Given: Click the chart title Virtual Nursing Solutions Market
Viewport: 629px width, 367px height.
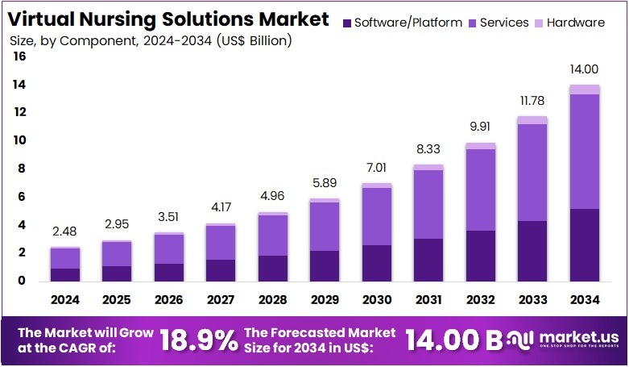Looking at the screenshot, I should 168,19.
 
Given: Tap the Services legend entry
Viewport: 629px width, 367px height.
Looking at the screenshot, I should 498,23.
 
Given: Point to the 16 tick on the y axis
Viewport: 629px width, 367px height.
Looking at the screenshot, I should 19,56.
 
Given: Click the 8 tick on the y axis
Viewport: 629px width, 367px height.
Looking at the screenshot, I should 21,169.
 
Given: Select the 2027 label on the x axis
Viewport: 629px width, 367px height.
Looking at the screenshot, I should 221,300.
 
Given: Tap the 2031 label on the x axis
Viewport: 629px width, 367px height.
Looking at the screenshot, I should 428,300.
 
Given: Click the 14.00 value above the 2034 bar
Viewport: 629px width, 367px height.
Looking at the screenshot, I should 585,71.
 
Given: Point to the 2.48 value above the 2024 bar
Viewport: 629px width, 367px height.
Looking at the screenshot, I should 65,233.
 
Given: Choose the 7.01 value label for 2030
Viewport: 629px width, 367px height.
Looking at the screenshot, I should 377,169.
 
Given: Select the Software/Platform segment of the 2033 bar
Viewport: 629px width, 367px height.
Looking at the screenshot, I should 532,250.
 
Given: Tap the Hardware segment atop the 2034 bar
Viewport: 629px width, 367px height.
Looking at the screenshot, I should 585,90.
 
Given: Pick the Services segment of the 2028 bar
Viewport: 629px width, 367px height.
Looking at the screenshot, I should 272,236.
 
